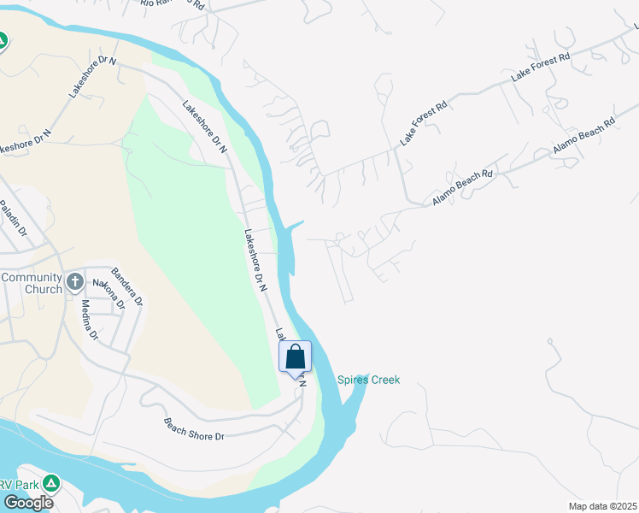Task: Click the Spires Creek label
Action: point(368,380)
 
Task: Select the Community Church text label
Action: point(32,283)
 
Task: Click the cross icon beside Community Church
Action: point(75,280)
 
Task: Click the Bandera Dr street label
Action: point(133,290)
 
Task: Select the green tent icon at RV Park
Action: point(52,483)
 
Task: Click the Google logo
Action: point(27,503)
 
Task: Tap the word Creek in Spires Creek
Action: point(385,380)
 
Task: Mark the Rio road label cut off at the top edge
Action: point(173,4)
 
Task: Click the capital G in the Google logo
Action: point(9,503)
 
